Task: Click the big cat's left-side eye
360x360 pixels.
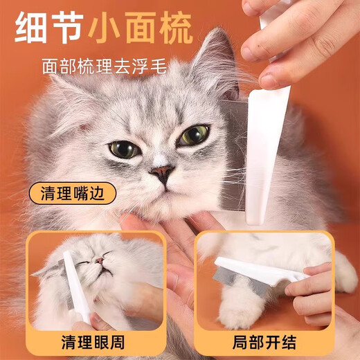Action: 125,148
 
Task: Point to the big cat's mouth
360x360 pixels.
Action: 165,188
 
